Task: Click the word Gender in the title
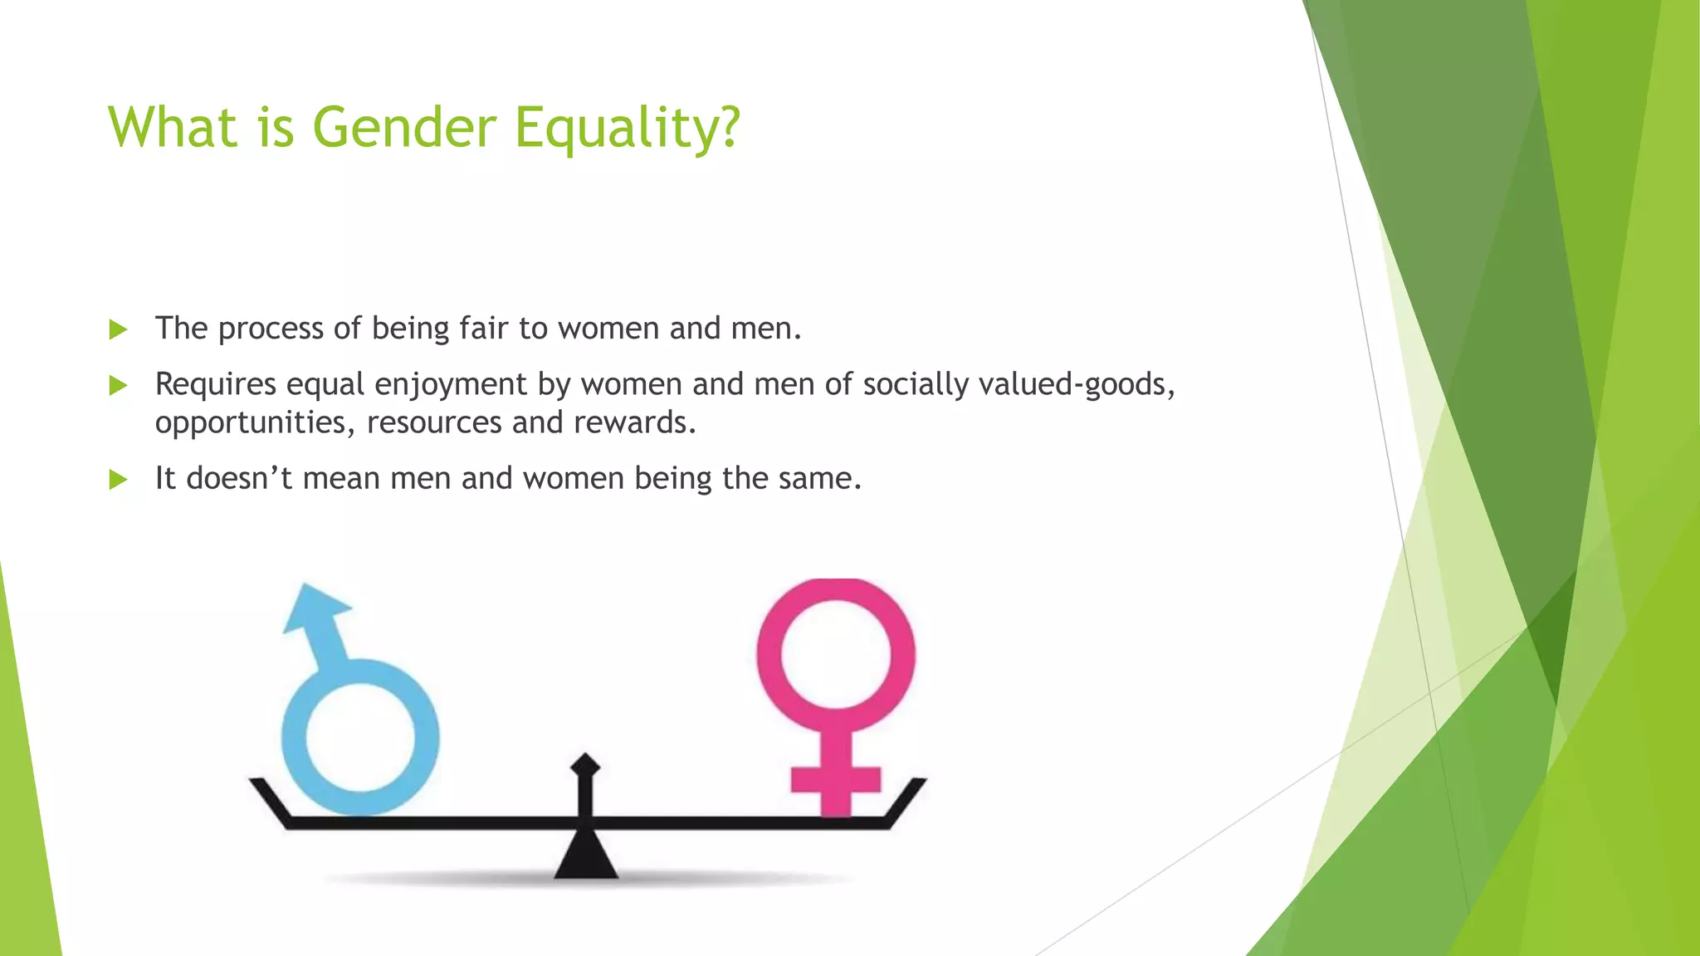pos(403,128)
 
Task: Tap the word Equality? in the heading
pos(627,129)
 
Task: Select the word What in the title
pos(173,128)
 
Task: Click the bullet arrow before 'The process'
pos(118,330)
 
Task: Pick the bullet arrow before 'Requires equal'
pos(118,386)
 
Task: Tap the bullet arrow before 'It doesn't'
pos(118,480)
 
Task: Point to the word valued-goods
pos(1077,385)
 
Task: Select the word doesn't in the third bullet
pos(239,479)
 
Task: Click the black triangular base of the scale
pos(586,860)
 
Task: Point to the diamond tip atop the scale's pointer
pos(585,764)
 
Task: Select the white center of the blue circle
pos(360,738)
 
